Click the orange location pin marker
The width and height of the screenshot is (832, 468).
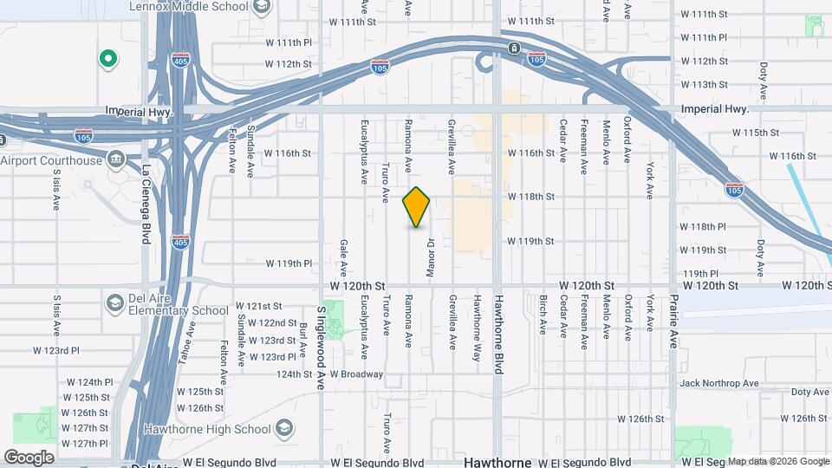416,207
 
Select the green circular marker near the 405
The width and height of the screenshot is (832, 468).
108,59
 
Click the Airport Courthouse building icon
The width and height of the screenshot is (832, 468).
114,160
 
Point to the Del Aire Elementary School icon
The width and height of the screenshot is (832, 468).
114,302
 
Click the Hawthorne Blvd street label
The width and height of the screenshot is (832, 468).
498,334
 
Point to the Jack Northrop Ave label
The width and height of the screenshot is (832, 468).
719,383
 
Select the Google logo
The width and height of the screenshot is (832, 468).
29,457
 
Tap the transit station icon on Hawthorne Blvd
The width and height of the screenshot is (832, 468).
514,48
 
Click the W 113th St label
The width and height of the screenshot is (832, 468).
704,84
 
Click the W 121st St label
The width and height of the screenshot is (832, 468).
259,306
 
